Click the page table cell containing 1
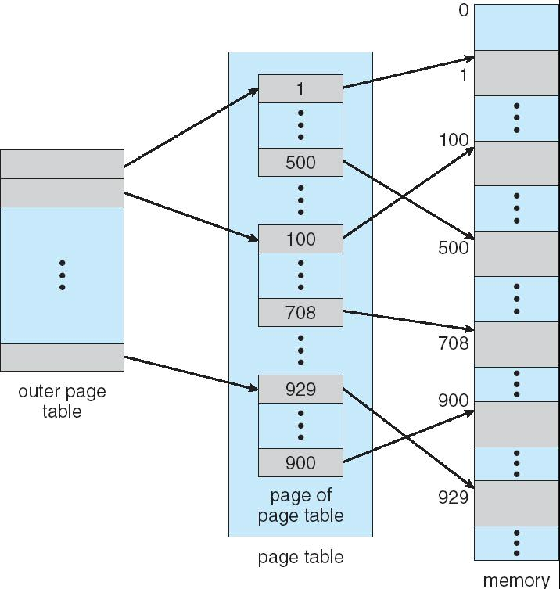pos(300,88)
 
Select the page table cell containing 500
pos(300,162)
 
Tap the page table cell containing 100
pos(300,239)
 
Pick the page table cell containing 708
pos(300,312)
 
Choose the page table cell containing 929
pos(300,389)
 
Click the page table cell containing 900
pos(300,462)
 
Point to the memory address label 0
pos(464,11)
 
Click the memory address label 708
pos(454,343)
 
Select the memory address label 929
pos(454,497)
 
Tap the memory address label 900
pos(454,401)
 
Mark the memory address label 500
pos(454,248)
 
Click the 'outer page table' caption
pos(62,400)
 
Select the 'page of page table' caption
pos(300,505)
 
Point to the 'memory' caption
pos(516,580)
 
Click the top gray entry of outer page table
pos(62,163)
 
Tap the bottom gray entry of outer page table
pos(62,357)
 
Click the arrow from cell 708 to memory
pos(407,320)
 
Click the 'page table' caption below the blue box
pos(300,557)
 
